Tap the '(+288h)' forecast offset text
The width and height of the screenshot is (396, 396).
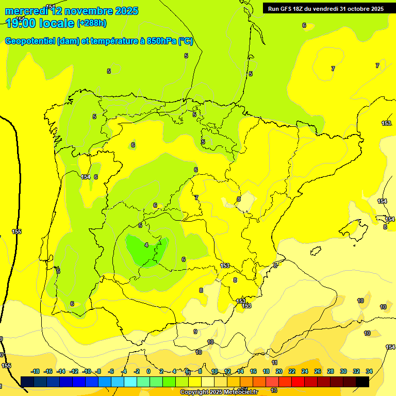click(x=92, y=23)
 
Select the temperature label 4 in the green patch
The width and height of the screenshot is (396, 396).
click(x=146, y=245)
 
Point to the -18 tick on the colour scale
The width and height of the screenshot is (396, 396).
click(x=35, y=371)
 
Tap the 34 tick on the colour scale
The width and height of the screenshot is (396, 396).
click(x=369, y=371)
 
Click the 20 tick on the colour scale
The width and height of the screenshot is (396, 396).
click(x=278, y=371)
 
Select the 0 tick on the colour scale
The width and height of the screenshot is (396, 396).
click(x=148, y=371)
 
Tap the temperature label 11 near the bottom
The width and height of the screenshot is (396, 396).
click(x=274, y=363)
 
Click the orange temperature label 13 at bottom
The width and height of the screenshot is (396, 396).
click(x=274, y=390)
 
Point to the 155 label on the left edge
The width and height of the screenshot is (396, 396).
click(x=16, y=232)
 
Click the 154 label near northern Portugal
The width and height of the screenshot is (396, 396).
click(x=86, y=177)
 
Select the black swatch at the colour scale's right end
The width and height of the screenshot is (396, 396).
click(x=362, y=382)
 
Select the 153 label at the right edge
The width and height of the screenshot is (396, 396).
click(x=386, y=123)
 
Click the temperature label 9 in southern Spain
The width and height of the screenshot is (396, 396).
click(x=195, y=332)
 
